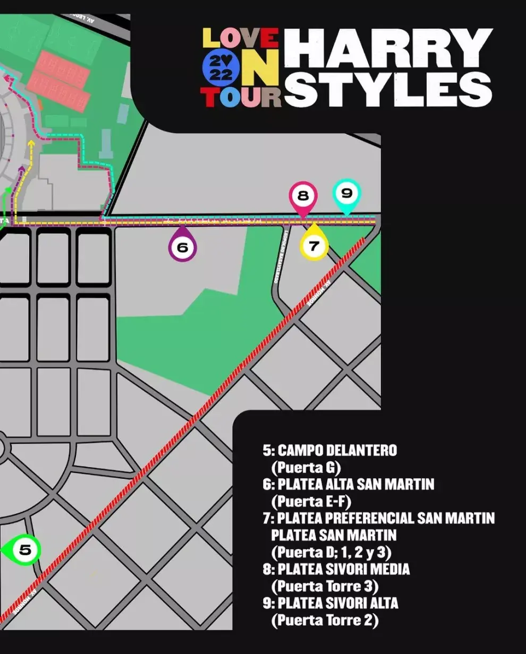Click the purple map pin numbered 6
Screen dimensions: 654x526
[x=182, y=246]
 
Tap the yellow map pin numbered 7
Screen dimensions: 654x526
[x=314, y=245]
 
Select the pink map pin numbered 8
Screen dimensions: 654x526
[x=303, y=196]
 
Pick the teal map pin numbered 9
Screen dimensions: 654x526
[x=346, y=194]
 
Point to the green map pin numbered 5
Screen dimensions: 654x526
[x=24, y=550]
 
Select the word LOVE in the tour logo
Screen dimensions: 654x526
[x=241, y=39]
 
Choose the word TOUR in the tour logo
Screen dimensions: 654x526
[x=240, y=97]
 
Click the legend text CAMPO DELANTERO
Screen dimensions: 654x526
[x=337, y=451]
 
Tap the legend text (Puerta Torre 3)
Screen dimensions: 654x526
[x=325, y=587]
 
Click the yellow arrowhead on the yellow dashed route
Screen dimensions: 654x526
[x=31, y=143]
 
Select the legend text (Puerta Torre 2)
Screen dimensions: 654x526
[x=325, y=621]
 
